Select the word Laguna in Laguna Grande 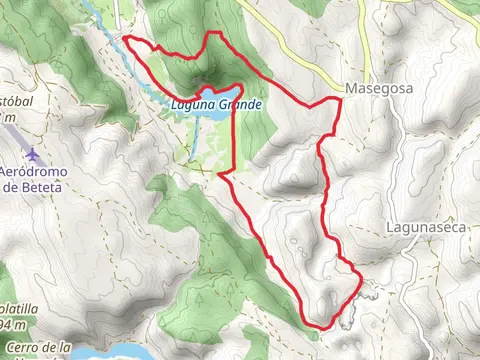pyautogui.click(x=193, y=103)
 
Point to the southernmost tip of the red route pyautogui.click(x=318, y=326)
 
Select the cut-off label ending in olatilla pyautogui.click(x=17, y=311)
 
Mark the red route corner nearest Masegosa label pyautogui.click(x=335, y=102)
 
